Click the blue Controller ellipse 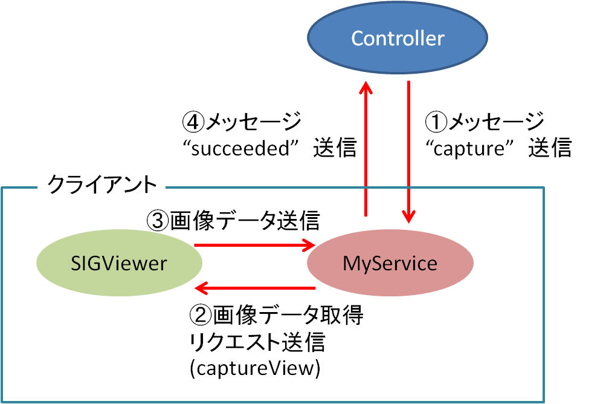398,39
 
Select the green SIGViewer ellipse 118,263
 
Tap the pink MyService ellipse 390,264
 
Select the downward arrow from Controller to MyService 410,151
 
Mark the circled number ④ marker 193,123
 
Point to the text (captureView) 254,368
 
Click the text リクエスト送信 257,342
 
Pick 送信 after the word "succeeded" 335,148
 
